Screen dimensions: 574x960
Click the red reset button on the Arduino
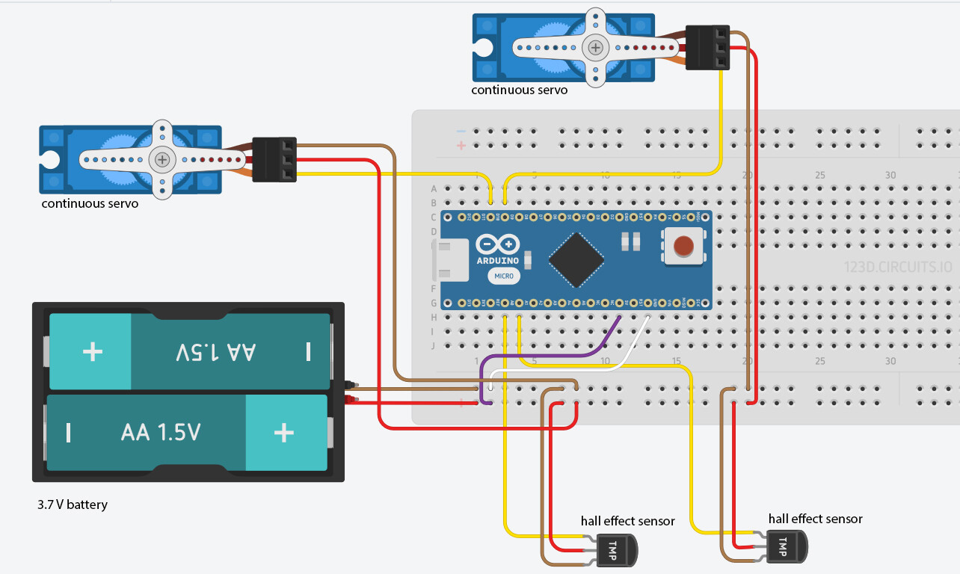pos(682,246)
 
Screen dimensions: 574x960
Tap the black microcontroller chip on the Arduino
pos(576,260)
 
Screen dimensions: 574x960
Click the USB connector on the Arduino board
pos(451,262)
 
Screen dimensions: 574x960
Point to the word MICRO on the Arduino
pos(503,276)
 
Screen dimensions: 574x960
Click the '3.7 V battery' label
pos(73,504)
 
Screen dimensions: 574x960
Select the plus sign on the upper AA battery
pos(92,351)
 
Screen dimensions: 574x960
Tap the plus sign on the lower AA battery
pos(283,433)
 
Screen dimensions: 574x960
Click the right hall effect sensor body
pos(787,546)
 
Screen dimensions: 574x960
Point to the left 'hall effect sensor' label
pos(627,521)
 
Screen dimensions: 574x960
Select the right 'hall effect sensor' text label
pos(815,519)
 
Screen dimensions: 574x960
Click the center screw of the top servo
pos(595,48)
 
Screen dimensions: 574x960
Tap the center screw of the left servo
pos(162,159)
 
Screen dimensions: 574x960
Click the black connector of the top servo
pos(707,48)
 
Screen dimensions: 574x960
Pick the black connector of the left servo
pos(274,159)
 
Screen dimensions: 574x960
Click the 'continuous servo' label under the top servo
pos(519,90)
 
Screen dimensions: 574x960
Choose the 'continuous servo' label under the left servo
pos(90,203)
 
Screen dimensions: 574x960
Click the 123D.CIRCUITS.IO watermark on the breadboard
pos(897,266)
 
